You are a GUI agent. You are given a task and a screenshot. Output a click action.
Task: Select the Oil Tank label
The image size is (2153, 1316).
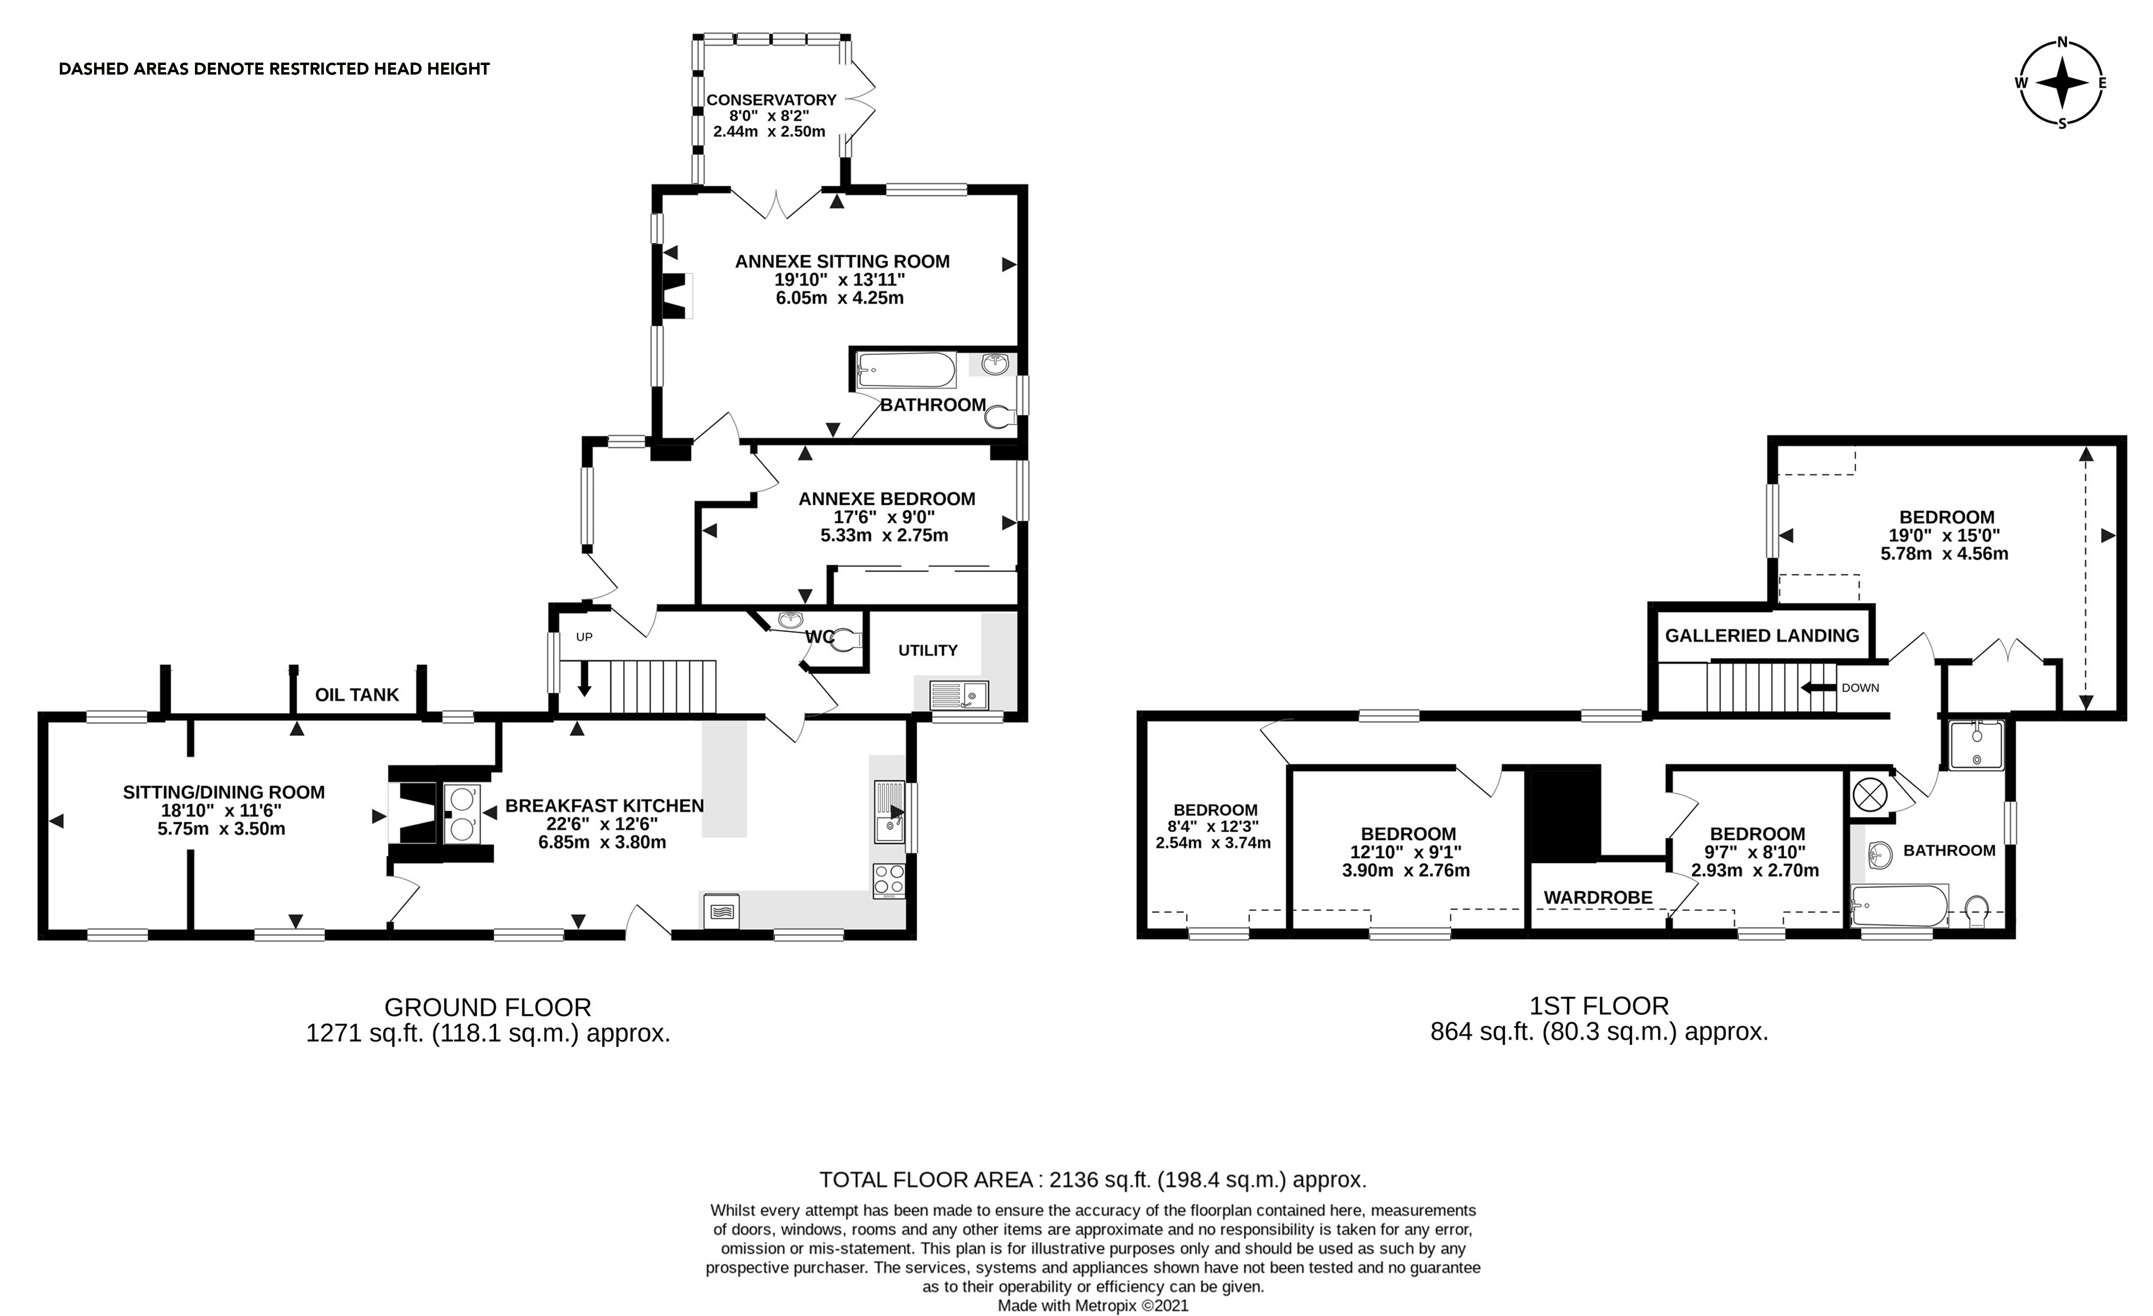point(356,695)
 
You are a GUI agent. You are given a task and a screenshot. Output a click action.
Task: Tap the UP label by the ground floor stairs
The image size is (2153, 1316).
point(584,637)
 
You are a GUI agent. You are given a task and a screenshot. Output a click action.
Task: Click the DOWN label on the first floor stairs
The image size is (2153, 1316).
point(1860,688)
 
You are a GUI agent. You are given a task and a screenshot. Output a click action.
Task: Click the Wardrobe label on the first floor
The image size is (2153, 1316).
point(1597,897)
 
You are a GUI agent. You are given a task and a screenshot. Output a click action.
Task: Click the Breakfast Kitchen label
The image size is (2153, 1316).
point(604,806)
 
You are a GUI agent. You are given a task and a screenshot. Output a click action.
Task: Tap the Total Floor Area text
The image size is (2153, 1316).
point(1092,1180)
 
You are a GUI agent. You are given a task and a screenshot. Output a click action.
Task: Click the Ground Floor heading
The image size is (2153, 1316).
point(488,1007)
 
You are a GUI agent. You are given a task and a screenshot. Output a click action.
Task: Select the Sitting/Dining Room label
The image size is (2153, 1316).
point(224,792)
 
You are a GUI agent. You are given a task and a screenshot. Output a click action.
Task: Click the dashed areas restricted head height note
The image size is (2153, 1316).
point(274,69)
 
